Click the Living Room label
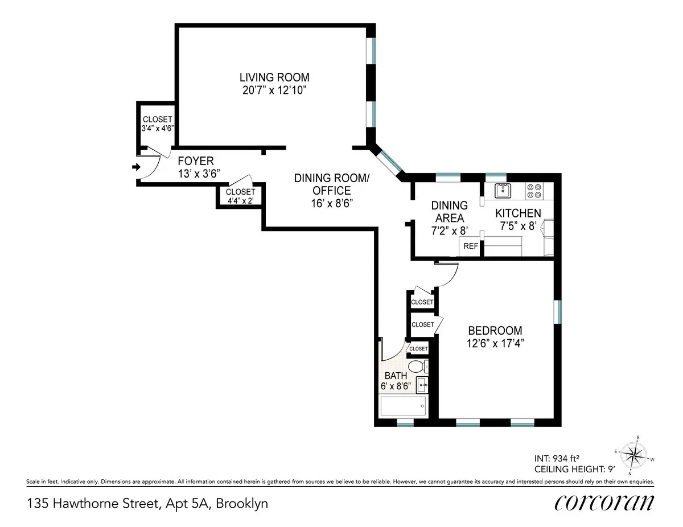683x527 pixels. coord(274,77)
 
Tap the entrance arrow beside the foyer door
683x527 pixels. coord(135,167)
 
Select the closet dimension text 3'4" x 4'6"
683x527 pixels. coord(157,129)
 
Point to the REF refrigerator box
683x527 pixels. coord(470,246)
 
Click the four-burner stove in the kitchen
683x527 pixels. coord(534,190)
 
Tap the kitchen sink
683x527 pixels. coord(503,191)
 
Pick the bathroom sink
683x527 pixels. coord(422,385)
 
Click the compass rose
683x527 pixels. coord(633,455)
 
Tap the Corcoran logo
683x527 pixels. coord(604,503)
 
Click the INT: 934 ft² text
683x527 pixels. coord(557,458)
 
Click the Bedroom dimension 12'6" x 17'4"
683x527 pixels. coord(495,343)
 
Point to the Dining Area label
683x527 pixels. coord(449,212)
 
